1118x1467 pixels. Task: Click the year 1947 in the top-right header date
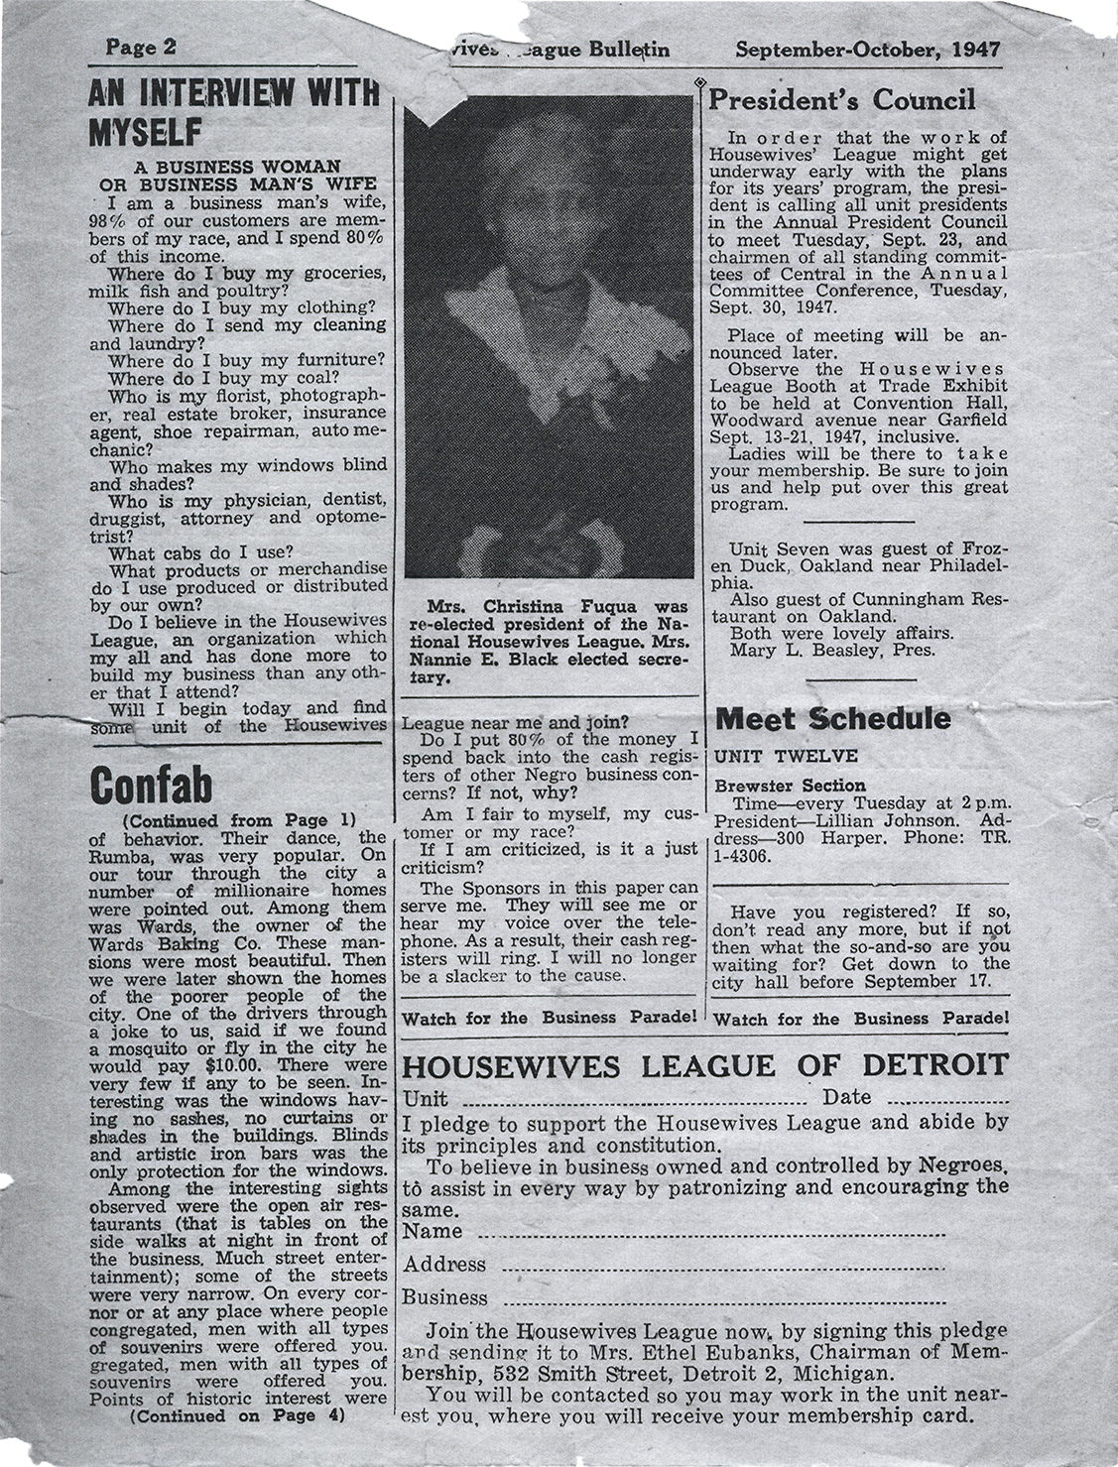974,49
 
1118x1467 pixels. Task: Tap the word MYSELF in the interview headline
145,131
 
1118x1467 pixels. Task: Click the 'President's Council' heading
842,100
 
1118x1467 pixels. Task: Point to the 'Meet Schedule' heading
832,718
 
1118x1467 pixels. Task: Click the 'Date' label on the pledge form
846,1097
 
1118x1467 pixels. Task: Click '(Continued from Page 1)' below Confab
237,820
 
